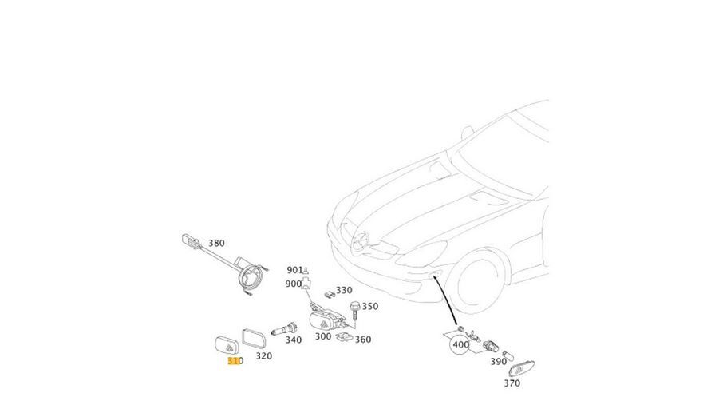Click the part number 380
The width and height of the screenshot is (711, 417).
(216, 243)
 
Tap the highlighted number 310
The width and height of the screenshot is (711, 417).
(235, 361)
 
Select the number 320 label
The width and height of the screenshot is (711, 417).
(263, 356)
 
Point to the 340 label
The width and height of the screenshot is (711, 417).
(294, 340)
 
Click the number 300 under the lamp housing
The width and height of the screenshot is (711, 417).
(322, 336)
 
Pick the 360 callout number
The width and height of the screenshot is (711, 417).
(363, 340)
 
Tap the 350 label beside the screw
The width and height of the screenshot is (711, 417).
(370, 306)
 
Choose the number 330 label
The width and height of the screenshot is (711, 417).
(344, 291)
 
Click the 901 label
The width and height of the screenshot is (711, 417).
(294, 270)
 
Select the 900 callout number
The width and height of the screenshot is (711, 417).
(293, 284)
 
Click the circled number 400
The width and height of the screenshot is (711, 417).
(460, 346)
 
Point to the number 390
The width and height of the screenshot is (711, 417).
(498, 362)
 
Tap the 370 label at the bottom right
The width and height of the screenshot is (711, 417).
(512, 383)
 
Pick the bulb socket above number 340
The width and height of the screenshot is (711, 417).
(285, 328)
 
